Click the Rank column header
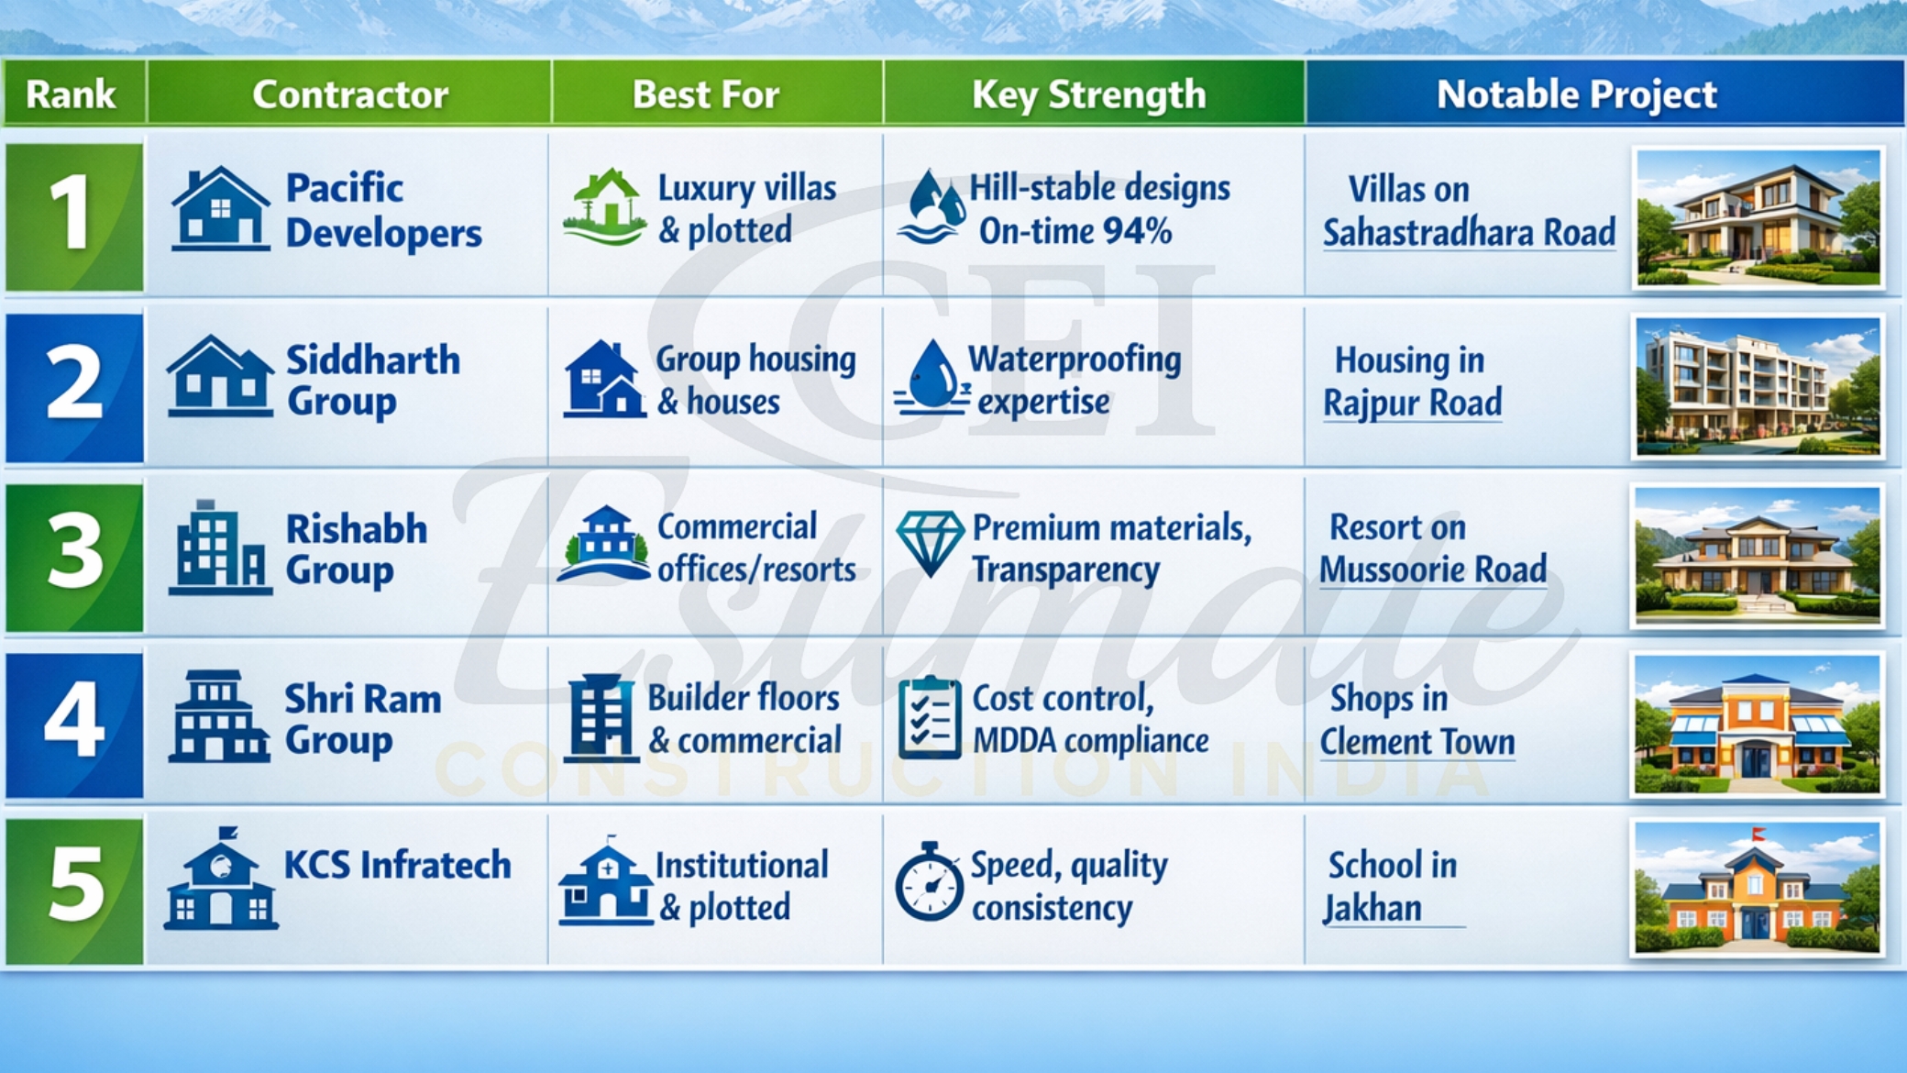pos(72,94)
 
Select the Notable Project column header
pos(1575,94)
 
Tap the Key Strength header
pos(1088,94)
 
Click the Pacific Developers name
pos(382,210)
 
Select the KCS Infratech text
pos(397,865)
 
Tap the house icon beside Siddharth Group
pos(220,378)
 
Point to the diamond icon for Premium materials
pos(929,541)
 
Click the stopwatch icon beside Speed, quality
pos(929,882)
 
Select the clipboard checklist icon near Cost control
pos(929,717)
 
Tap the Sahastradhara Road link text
pos(1468,233)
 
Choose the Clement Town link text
pos(1416,741)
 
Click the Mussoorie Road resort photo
pos(1757,556)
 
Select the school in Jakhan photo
pos(1757,888)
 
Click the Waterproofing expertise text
pos(1073,380)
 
